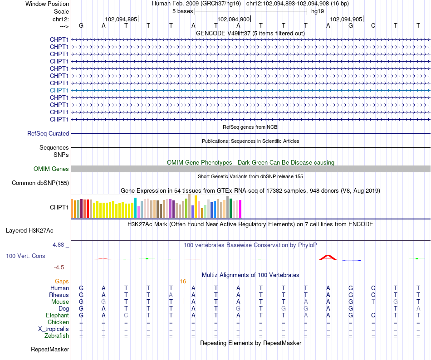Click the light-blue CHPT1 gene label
[x=59, y=90]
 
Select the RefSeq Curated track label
[x=48, y=133]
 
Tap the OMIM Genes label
[x=51, y=169]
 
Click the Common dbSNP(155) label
[x=40, y=183]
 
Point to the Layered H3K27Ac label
[x=29, y=231]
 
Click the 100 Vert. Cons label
[x=25, y=256]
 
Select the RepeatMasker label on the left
[x=50, y=349]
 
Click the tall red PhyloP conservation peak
[x=328, y=257]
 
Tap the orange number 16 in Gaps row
[x=183, y=282]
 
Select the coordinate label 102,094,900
[x=233, y=19]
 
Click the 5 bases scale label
[x=182, y=11]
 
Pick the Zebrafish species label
[x=57, y=336]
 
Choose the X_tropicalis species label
[x=54, y=329]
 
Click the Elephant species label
[x=58, y=315]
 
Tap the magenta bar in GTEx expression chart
[x=240, y=209]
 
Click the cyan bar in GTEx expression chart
[x=135, y=208]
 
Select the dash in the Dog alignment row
[x=373, y=309]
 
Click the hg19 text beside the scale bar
[x=318, y=11]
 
